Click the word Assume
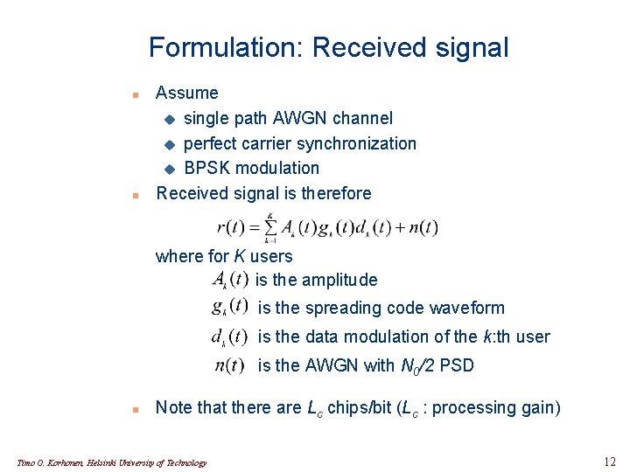(187, 93)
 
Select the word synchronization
(358, 143)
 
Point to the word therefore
(336, 193)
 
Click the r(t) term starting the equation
(232, 228)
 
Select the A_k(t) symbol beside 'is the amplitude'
(229, 280)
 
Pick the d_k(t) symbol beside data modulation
(229, 337)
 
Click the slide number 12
(610, 461)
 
